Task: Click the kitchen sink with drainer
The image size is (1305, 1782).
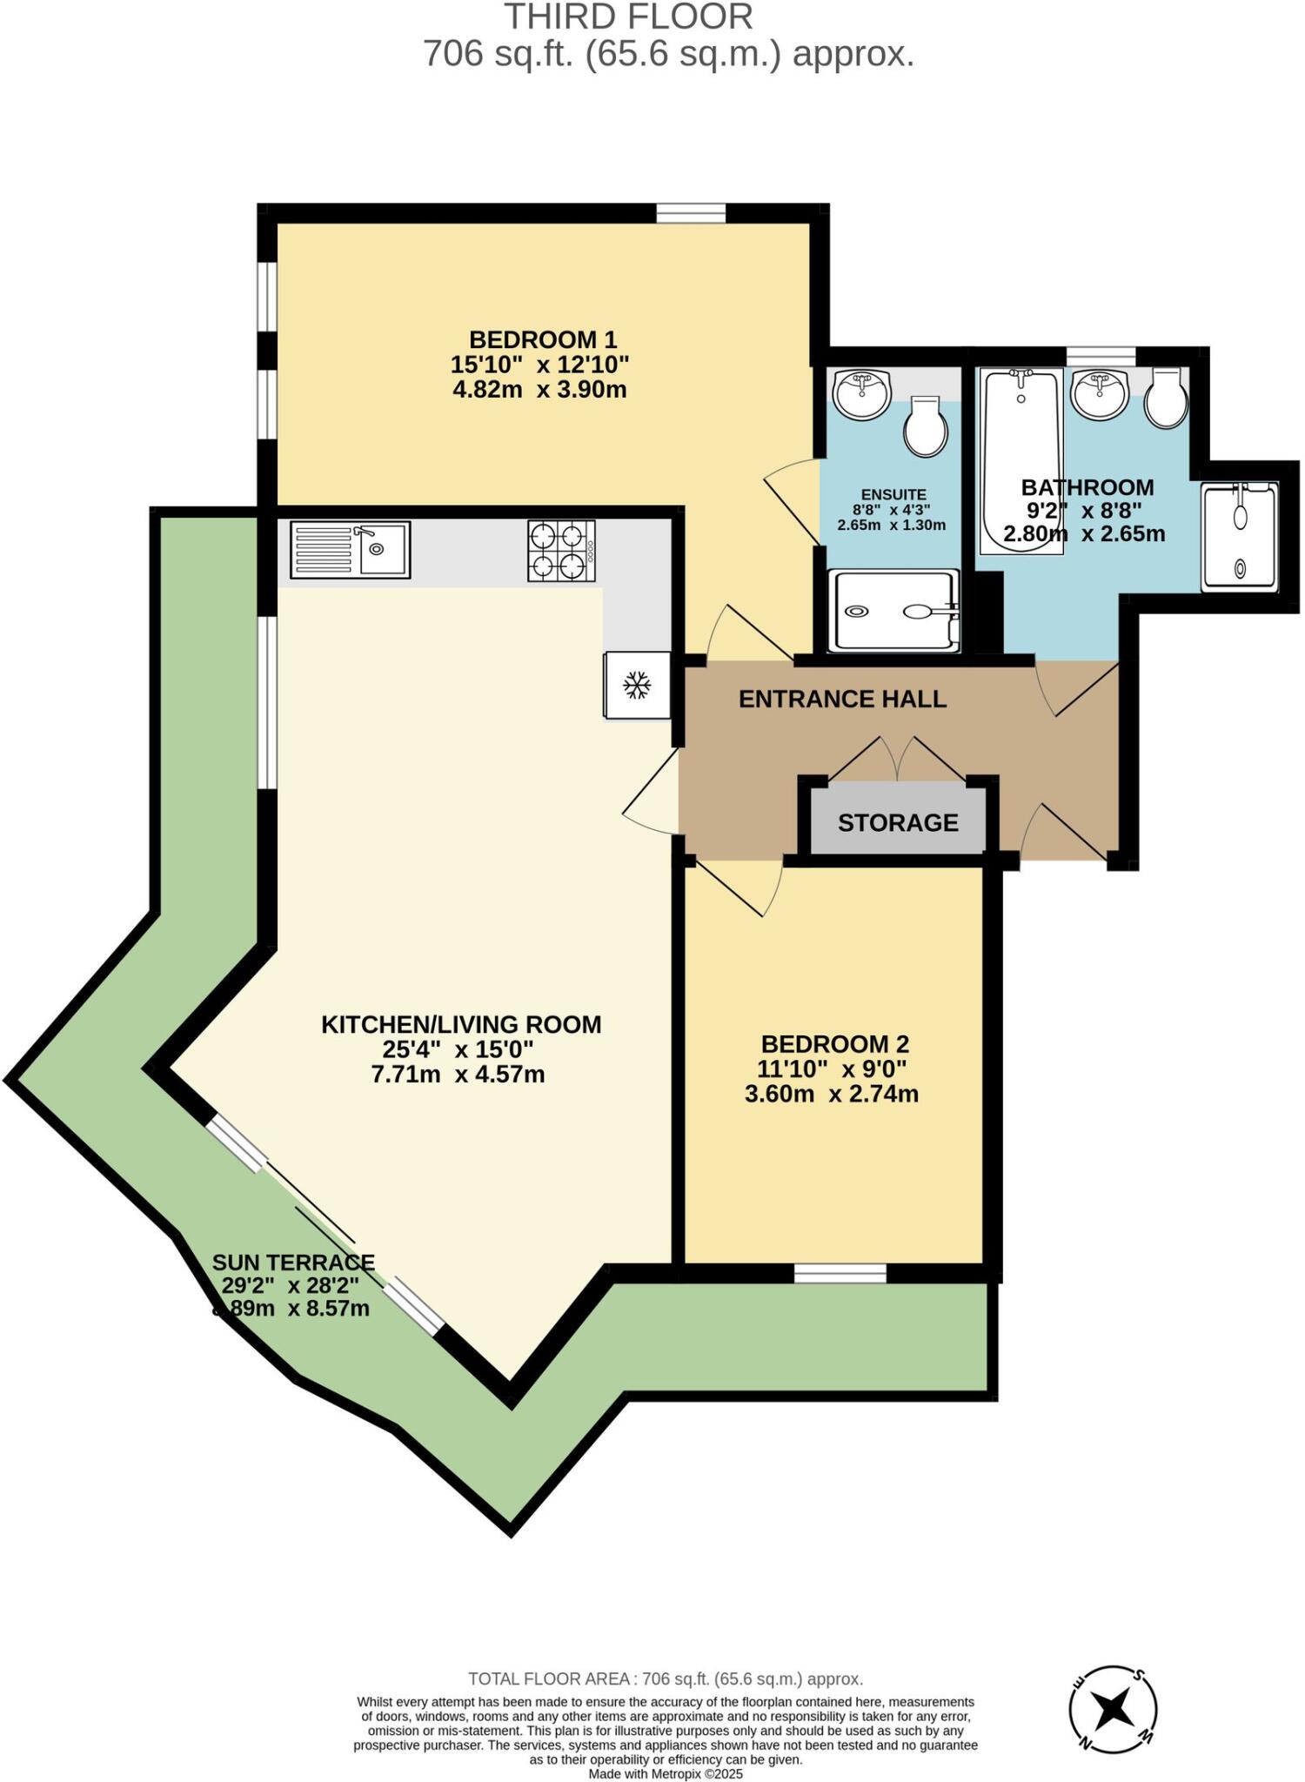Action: click(x=351, y=550)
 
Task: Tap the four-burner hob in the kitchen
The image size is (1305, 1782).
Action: click(x=561, y=551)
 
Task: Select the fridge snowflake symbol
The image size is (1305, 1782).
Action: click(x=637, y=685)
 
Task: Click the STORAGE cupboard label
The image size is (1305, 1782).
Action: click(x=898, y=822)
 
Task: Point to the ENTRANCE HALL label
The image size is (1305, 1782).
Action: click(x=842, y=699)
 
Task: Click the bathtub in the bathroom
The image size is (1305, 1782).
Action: click(x=1021, y=461)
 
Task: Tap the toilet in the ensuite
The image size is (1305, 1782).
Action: click(x=925, y=426)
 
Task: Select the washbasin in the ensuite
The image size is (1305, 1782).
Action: click(x=861, y=393)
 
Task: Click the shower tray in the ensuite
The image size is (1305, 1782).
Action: click(x=894, y=611)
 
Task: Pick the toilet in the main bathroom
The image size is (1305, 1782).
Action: click(x=1167, y=398)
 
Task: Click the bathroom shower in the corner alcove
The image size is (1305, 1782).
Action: click(x=1240, y=538)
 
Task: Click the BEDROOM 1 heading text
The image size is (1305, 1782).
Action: click(x=543, y=339)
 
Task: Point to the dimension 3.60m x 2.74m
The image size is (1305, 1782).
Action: click(x=832, y=1094)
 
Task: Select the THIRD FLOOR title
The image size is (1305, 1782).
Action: click(x=628, y=17)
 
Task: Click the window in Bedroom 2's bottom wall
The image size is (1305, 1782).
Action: click(x=840, y=1274)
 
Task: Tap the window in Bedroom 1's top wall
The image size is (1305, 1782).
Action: click(x=691, y=213)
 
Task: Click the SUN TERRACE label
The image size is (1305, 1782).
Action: click(x=293, y=1262)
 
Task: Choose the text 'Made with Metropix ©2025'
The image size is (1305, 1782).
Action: click(x=666, y=1773)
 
